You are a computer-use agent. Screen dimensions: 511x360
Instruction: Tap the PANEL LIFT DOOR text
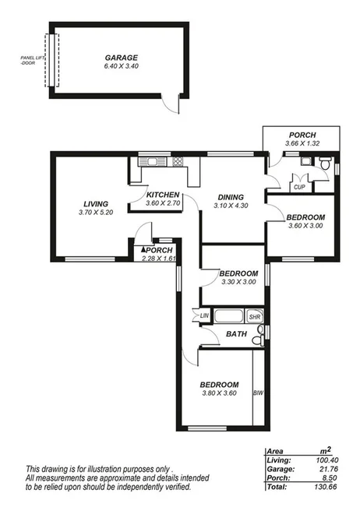[x=34, y=61]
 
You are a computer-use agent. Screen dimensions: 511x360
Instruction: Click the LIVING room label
[x=95, y=205]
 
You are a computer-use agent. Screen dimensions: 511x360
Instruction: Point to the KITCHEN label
[x=163, y=195]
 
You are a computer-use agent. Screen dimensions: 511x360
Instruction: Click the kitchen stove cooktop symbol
[x=178, y=161]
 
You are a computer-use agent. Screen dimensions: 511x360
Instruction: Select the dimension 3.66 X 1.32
[x=302, y=144]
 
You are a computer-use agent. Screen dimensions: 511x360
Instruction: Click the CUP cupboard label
[x=298, y=187]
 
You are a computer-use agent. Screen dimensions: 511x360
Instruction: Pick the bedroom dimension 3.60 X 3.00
[x=305, y=226]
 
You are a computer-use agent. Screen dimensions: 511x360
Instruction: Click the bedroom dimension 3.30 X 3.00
[x=238, y=282]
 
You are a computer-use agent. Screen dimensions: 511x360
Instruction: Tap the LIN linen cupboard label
[x=205, y=315]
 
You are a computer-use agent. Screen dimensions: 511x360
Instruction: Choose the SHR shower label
[x=254, y=317]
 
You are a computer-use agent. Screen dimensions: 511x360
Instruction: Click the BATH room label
[x=235, y=334]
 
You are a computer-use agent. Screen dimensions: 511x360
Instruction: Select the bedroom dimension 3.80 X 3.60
[x=219, y=393]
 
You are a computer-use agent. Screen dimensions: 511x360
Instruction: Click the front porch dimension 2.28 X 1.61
[x=157, y=259]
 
